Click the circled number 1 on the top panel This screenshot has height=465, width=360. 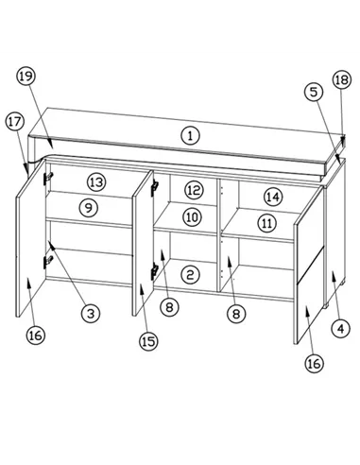click(190, 136)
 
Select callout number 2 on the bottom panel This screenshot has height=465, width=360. click(190, 275)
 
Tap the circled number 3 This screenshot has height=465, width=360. click(91, 313)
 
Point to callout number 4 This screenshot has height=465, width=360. click(341, 329)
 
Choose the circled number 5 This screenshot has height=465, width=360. click(314, 92)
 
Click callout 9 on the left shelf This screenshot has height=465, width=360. click(89, 208)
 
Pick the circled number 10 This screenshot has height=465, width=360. click(192, 217)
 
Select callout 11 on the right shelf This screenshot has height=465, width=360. click(267, 223)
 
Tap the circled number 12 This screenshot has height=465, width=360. click(194, 190)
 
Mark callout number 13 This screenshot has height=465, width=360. click(96, 182)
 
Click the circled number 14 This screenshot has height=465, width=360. click(273, 197)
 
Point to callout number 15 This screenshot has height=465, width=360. click(148, 341)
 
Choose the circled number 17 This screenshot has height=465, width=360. click(15, 122)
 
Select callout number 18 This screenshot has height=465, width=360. click(342, 79)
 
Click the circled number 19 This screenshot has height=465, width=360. click(26, 77)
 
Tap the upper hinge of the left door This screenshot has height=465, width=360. click(48, 179)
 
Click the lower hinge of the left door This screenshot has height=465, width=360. click(48, 262)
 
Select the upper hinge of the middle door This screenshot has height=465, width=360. click(154, 188)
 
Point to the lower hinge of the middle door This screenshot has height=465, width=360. click(154, 271)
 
